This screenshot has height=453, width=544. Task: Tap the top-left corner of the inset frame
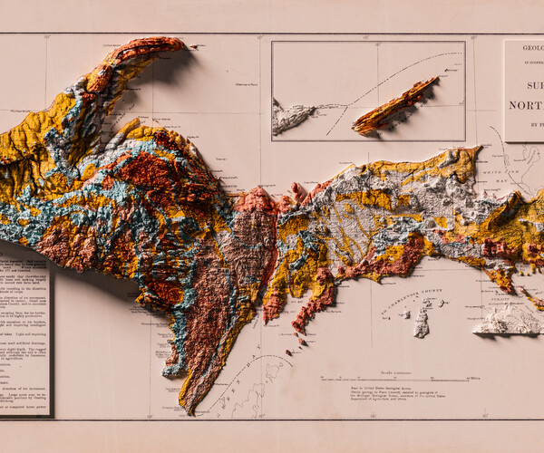(272, 41)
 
